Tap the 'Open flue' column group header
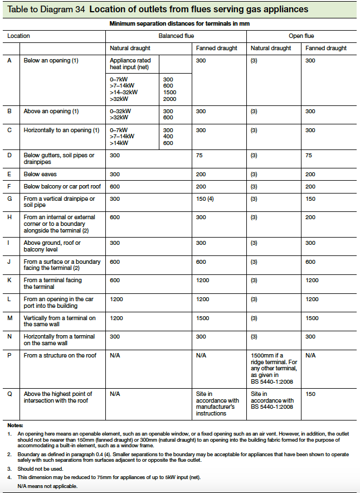(301, 36)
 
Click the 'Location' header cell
(18, 36)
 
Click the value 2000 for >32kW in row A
(169, 99)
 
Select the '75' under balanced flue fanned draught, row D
(200, 155)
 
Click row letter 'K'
(9, 280)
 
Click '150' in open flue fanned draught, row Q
(311, 394)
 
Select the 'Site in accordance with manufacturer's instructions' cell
(217, 404)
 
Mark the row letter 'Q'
(9, 394)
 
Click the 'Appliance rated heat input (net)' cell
(132, 64)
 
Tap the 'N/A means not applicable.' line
(47, 486)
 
